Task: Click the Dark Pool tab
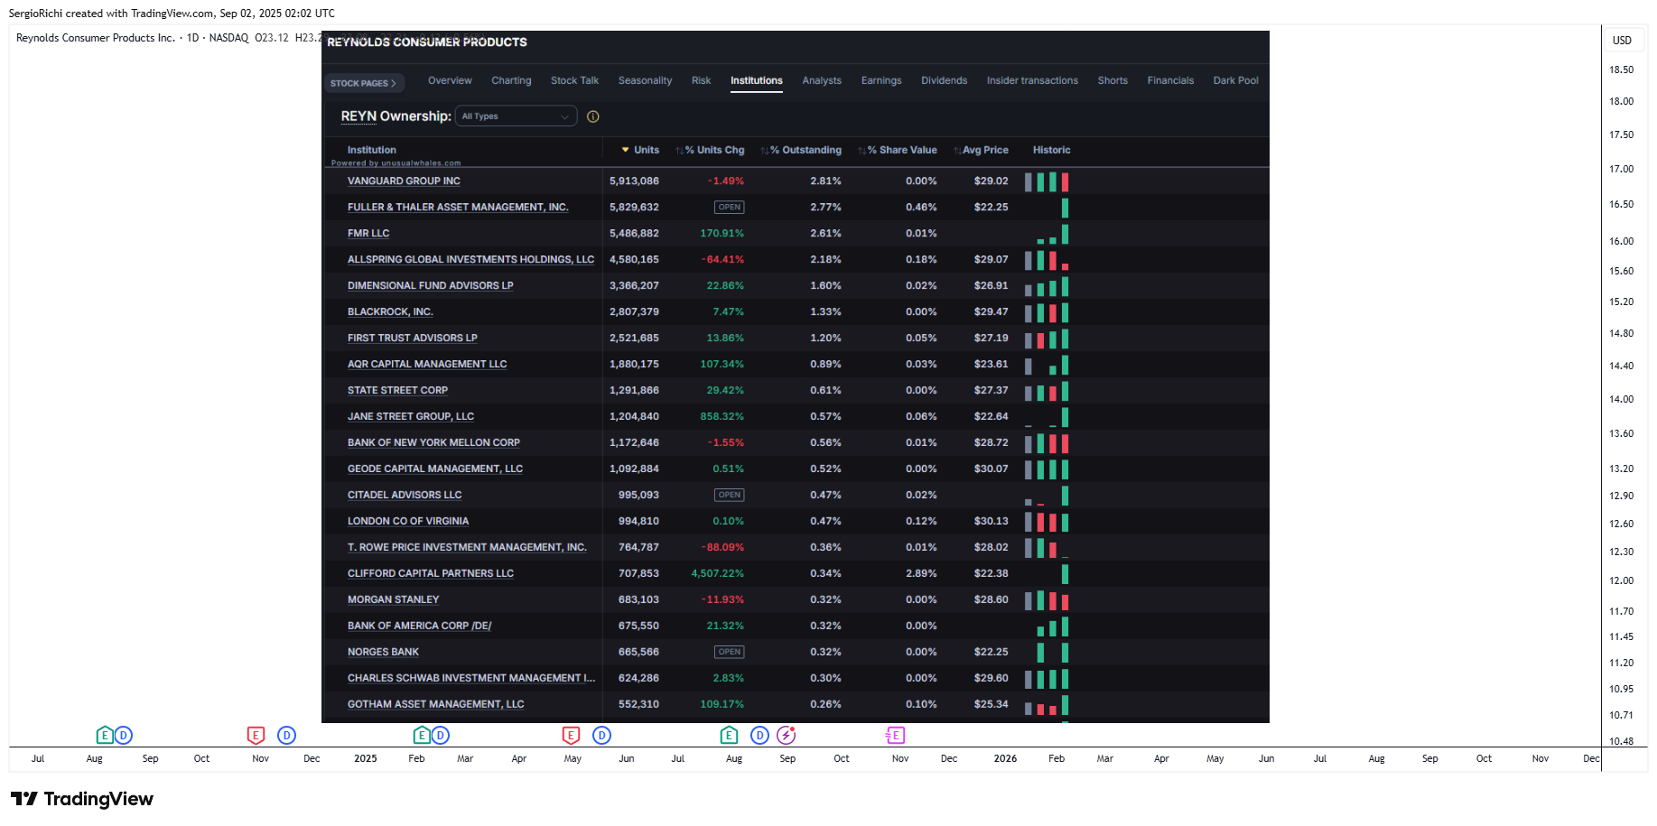coord(1235,80)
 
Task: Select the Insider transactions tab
coord(1032,80)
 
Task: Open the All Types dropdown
coord(516,116)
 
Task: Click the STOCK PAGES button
coord(363,83)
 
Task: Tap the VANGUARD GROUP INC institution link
coord(404,181)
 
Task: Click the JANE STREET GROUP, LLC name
coord(411,417)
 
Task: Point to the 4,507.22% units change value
coord(717,573)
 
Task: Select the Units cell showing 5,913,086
coord(634,181)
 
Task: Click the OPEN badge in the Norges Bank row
coord(730,652)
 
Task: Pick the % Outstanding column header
coord(805,150)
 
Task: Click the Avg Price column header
coord(985,150)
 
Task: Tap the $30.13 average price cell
coord(991,521)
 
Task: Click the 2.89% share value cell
coord(921,573)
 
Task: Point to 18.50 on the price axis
coord(1621,70)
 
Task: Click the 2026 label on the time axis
coord(1005,758)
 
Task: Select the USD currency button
coord(1622,40)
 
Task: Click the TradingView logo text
coord(98,799)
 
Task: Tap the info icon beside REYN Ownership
coord(593,116)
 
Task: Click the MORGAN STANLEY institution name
coord(393,599)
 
